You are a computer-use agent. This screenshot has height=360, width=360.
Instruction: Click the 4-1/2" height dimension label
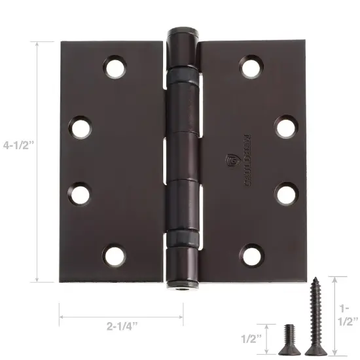coord(18,160)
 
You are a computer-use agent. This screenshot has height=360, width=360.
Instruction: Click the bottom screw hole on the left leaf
coord(114,253)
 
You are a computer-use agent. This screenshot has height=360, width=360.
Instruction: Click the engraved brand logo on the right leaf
coord(230,160)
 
